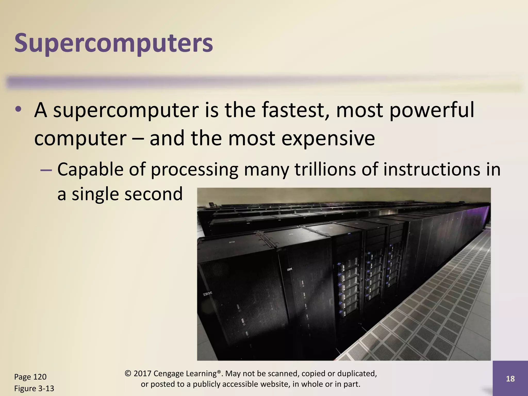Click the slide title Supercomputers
[114, 43]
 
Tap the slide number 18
[510, 378]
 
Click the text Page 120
[30, 377]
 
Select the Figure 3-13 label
[34, 388]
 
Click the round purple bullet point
[18, 109]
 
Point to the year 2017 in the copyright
[142, 374]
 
